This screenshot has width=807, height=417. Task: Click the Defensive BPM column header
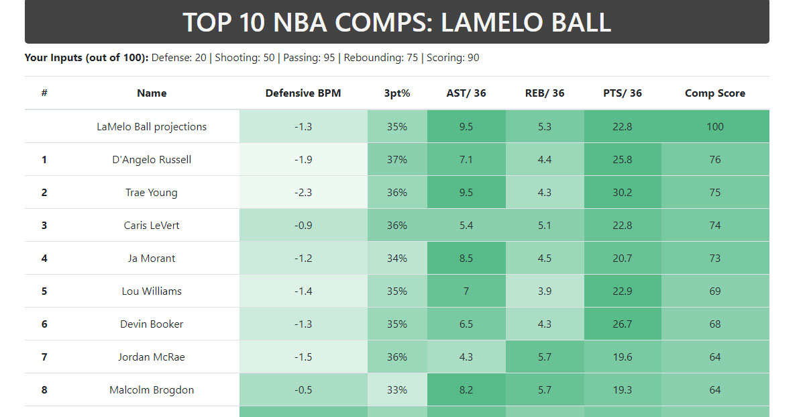303,93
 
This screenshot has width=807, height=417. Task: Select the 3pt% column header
397,93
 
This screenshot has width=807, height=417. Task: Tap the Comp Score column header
715,93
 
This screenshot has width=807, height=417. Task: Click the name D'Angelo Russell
152,160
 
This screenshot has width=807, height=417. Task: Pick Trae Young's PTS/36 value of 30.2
623,193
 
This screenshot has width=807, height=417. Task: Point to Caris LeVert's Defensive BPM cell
303,226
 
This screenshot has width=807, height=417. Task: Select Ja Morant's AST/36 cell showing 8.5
466,259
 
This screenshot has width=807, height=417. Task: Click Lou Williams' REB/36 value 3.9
545,291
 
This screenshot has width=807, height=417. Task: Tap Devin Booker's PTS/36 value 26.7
623,324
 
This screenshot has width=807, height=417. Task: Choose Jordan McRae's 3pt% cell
397,357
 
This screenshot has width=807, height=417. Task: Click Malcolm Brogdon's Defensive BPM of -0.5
303,390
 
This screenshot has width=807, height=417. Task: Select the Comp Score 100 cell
715,127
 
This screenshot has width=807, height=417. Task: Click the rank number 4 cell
44,259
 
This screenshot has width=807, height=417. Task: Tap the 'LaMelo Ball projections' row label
152,127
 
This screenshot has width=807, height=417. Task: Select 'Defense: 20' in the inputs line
179,58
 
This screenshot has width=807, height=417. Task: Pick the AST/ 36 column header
466,93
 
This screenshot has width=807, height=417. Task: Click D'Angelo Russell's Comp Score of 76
715,160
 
